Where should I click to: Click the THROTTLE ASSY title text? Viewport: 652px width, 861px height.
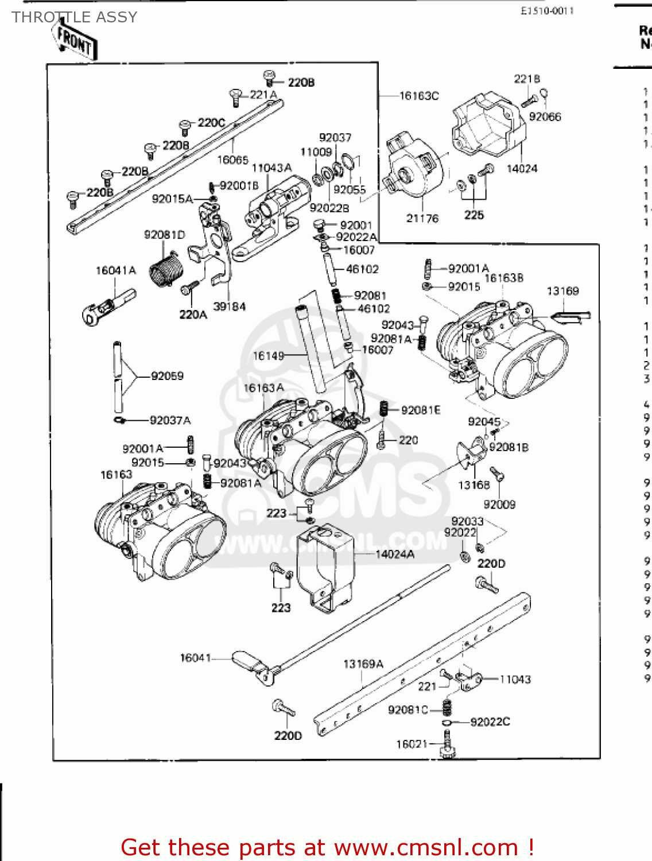click(x=75, y=17)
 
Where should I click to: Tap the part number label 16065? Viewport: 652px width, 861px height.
click(x=232, y=160)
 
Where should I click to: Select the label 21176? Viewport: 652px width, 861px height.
click(x=422, y=218)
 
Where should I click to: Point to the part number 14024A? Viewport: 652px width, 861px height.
click(x=394, y=554)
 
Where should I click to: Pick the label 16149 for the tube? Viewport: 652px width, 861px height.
click(x=268, y=356)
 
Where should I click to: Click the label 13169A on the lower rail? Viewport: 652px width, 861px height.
click(x=363, y=664)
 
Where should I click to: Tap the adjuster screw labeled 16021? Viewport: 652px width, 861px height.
click(x=447, y=746)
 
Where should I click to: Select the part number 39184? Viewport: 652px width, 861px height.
click(x=229, y=307)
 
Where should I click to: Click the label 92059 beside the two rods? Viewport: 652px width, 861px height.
click(x=167, y=376)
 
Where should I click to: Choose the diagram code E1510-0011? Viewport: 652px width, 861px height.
click(x=547, y=11)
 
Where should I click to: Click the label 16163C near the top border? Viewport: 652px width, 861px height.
click(x=419, y=96)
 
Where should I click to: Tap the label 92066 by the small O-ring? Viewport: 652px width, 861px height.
click(x=545, y=117)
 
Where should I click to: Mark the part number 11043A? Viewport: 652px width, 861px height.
click(x=271, y=168)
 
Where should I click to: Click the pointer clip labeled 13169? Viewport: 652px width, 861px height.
click(x=569, y=315)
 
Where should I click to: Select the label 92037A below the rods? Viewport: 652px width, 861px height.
click(x=170, y=420)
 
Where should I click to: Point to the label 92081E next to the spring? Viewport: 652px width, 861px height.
click(x=421, y=410)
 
